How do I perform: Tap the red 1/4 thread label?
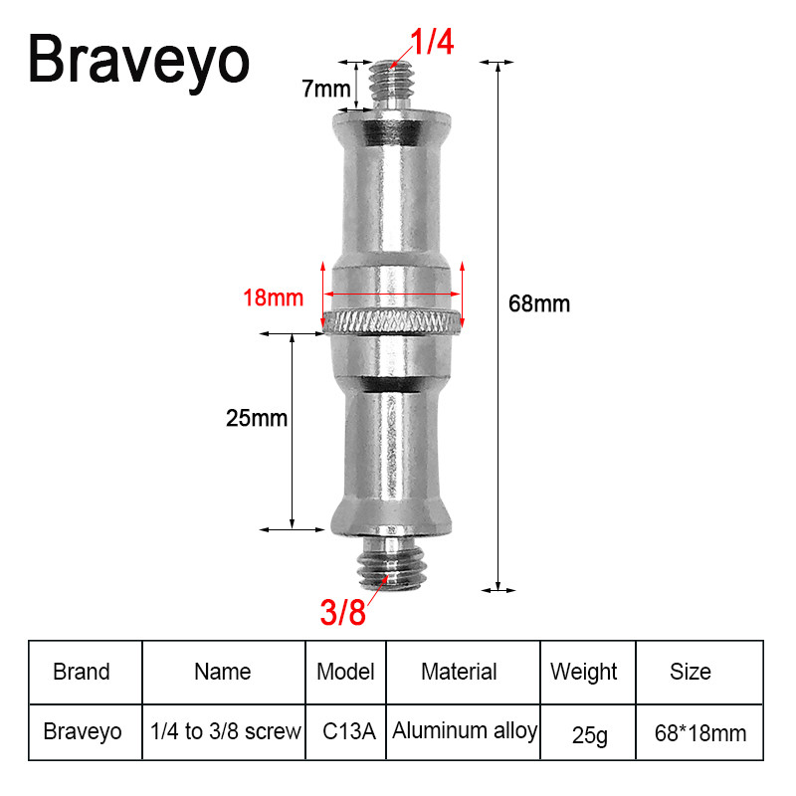432,42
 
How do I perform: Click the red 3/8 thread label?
342,612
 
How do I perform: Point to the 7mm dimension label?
326,89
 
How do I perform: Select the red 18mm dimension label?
273,298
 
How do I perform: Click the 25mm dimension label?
257,418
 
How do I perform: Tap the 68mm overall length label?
539,303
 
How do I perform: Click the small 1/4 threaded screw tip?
391,85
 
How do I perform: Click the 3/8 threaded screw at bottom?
391,563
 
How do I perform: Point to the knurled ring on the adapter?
392,322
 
